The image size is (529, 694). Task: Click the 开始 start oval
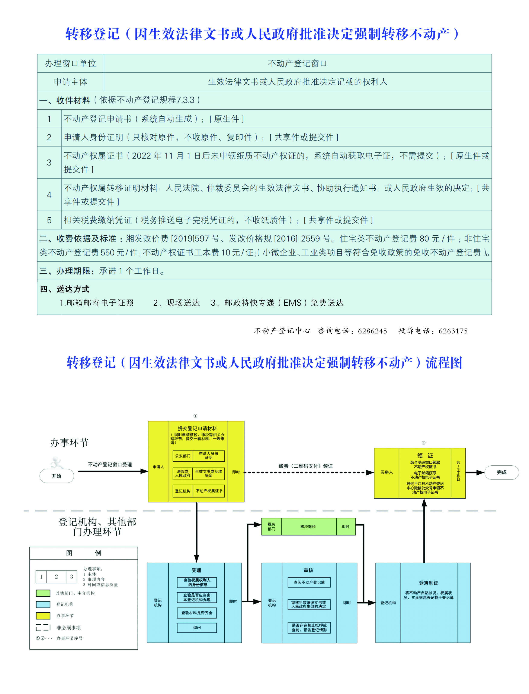pos(57,476)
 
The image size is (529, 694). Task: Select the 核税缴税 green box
pos(308,526)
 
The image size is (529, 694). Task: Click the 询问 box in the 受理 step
pos(197,628)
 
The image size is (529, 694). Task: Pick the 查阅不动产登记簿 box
pos(309,582)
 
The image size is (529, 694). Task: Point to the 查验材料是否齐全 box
pos(197,613)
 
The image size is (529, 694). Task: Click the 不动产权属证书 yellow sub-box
pos(209,491)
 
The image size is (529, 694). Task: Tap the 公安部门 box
pos(183,456)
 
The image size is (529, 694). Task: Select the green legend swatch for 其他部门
pos(43,593)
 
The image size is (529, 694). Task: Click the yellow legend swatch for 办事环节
pos(43,615)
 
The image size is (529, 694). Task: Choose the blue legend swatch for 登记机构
pos(43,604)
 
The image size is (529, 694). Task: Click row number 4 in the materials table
pos(49,195)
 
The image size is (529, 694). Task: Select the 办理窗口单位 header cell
pos(71,63)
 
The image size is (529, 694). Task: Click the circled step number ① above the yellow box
pos(195,416)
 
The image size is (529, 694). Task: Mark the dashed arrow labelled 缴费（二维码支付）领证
pos(309,472)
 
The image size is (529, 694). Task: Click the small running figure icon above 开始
pos(57,462)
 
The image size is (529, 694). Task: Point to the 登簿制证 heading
pos(428,583)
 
